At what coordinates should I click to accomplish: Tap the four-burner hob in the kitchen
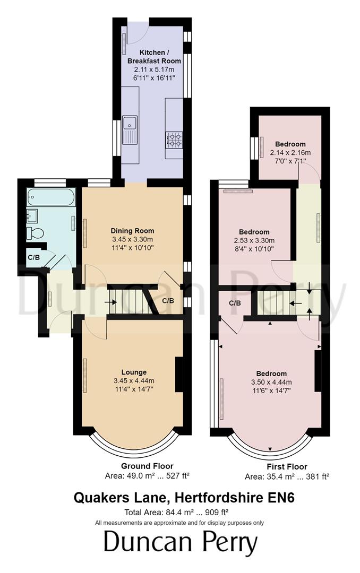tap(175, 140)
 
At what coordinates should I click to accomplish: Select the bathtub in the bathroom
tap(51, 198)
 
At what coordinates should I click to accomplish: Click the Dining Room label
tap(132, 231)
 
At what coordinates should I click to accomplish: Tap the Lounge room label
tap(133, 372)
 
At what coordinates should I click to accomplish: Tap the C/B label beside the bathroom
tap(33, 258)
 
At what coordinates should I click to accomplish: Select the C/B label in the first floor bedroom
tap(235, 303)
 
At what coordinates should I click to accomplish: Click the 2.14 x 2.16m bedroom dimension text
tap(290, 153)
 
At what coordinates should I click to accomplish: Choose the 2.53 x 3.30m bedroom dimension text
tap(254, 240)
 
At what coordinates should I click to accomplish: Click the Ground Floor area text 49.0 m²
tap(148, 475)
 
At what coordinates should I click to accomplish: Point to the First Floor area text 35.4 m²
tap(287, 476)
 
